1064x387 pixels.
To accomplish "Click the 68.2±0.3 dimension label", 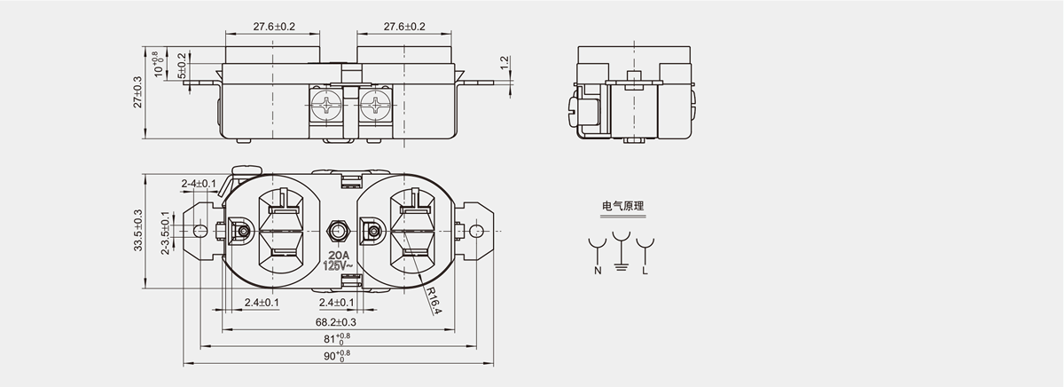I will tap(335, 321).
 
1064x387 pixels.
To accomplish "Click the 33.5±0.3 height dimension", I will tap(137, 231).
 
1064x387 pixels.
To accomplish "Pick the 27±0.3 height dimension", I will tap(137, 91).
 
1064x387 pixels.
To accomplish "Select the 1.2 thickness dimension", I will tap(505, 64).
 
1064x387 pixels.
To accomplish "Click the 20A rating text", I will tap(338, 254).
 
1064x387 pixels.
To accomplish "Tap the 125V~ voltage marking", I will tap(338, 265).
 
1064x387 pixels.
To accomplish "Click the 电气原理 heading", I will tap(622, 207).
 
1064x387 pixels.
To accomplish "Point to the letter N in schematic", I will tap(597, 270).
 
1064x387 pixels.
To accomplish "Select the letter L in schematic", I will tap(645, 270).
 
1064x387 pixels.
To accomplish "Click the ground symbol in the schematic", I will tap(621, 265).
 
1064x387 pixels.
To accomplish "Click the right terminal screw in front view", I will tap(378, 107).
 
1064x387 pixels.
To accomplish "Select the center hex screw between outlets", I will tap(337, 232).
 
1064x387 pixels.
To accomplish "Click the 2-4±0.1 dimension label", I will tap(198, 184).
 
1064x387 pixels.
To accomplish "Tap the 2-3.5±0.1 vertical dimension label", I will tap(165, 233).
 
